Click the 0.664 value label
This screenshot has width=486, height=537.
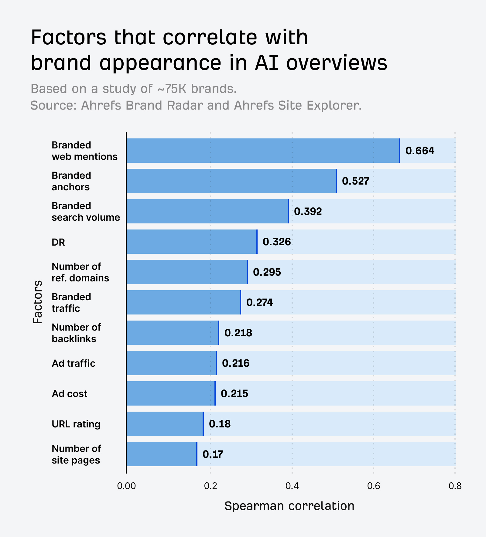point(420,151)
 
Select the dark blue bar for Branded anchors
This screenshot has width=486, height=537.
point(231,181)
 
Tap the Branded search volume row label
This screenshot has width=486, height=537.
point(86,212)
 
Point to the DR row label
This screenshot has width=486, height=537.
point(58,242)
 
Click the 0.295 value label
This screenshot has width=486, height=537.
point(267,272)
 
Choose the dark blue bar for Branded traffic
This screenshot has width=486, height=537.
point(183,302)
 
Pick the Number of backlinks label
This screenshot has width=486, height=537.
point(76,333)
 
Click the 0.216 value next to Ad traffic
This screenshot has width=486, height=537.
point(235,363)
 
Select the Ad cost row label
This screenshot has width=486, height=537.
point(70,394)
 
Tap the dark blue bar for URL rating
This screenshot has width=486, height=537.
point(165,424)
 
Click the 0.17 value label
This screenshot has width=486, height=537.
point(213,454)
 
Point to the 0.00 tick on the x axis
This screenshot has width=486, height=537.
point(126,486)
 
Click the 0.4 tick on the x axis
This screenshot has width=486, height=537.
point(292,486)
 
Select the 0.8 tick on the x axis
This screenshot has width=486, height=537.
point(455,486)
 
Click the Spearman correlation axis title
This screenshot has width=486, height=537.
point(289,506)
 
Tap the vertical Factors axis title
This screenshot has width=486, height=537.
point(38,302)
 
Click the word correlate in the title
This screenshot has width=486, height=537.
point(210,38)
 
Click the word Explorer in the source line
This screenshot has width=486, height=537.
point(334,105)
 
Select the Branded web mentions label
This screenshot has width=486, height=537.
point(84,151)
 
